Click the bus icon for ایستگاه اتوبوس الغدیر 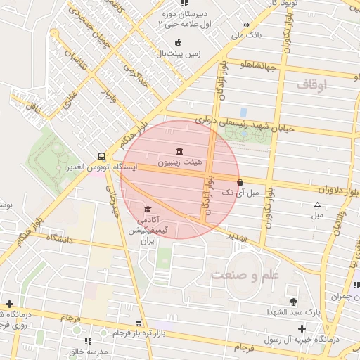point(103,157)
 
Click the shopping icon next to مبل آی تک point(240,182)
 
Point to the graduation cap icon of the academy point(148,210)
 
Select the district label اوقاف point(312,85)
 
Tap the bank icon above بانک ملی point(245,24)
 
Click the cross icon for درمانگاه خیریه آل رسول point(302,328)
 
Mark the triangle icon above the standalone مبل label point(317,205)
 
